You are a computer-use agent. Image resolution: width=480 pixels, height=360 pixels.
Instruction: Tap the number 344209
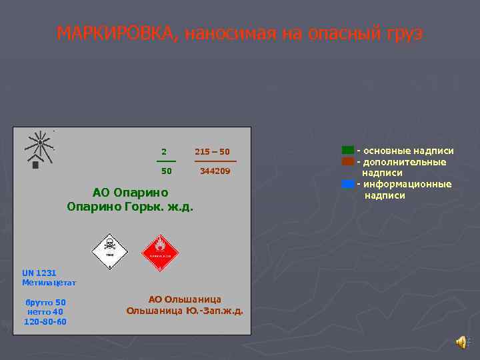pos(215,171)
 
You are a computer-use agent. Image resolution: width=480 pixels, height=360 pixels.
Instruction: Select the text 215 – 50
pos(212,151)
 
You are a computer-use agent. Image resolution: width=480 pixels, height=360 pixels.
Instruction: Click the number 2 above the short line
pos(164,151)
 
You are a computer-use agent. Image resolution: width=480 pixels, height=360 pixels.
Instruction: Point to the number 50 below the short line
pos(167,171)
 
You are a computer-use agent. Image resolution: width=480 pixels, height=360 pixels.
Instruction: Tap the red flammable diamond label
pos(160,251)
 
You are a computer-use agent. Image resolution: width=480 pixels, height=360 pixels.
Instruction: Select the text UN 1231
pos(39,273)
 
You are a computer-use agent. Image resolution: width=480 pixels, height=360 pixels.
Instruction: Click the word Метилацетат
pos(49,283)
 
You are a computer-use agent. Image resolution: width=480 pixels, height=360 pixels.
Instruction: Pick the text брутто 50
pos(45,302)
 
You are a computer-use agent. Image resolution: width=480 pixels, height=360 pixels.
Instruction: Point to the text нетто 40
pos(45,311)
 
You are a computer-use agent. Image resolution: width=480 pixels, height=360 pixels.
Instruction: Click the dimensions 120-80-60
pos(45,321)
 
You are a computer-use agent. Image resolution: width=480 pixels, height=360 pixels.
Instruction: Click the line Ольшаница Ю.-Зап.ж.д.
pos(185,311)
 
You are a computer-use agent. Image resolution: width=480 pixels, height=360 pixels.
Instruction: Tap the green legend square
pos(347,151)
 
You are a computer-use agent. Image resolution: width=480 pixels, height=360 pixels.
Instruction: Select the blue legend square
pos(347,184)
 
